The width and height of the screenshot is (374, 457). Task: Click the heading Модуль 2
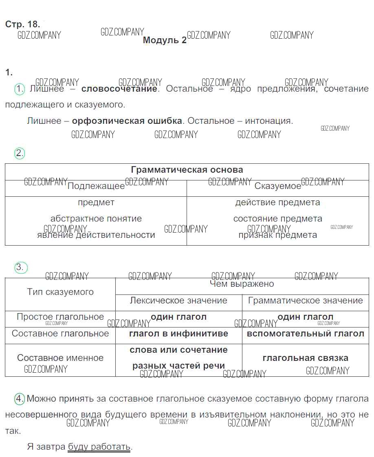pos(165,40)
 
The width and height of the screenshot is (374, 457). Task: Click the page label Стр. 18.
pos(22,24)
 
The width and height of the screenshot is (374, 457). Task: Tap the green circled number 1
pos(20,89)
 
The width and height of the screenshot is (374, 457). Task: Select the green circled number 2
pos(20,154)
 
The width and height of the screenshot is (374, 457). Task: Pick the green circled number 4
pos(20,399)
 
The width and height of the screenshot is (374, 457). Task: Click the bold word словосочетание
pos(119,89)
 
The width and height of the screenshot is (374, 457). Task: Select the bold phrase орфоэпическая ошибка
pos(127,121)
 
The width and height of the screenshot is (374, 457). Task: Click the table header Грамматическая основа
pos(187,170)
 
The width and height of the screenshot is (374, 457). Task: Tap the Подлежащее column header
pos(96,186)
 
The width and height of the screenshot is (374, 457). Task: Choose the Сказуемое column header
pos(277,186)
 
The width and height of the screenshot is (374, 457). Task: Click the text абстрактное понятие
pos(96,219)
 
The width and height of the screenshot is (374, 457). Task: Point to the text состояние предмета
pos(277,219)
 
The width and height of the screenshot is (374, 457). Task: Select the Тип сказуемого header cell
pos(60,292)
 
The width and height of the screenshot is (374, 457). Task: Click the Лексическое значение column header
pos(178,301)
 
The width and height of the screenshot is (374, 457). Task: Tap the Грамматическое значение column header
pos(305,301)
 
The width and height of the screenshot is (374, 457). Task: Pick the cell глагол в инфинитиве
pos(178,334)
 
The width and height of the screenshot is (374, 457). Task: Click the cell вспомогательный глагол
pos(305,334)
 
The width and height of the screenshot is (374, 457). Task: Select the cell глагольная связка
pos(305,358)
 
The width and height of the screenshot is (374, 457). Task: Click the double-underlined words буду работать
pos(99,446)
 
